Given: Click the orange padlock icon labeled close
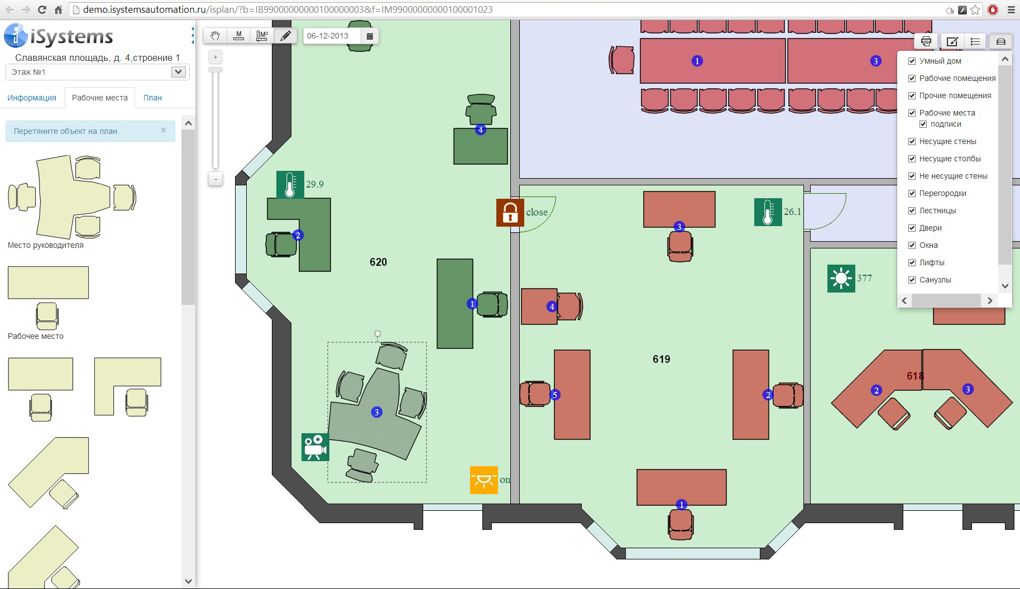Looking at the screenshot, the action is coord(510,213).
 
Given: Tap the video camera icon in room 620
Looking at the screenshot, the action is coord(315,447).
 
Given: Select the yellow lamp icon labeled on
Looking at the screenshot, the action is coord(483,480).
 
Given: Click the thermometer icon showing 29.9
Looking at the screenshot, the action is coord(290,185).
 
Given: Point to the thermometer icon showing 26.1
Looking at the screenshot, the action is coord(768,212).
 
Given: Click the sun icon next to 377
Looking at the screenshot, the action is coord(841,279).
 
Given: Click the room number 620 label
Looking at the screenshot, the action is coord(378,262).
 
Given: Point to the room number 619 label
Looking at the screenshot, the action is coord(661,360).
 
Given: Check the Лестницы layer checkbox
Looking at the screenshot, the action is coord(912,210).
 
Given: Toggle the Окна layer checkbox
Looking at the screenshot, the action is coord(912,245).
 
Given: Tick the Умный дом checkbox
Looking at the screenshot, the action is coord(912,61).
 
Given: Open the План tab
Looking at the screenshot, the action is coord(152,98).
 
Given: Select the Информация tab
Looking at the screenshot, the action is coord(32,98).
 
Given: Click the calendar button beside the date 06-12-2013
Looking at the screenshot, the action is coord(370,36).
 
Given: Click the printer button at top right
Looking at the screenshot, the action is coord(926,41).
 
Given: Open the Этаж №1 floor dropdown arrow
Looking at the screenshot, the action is coord(178,72).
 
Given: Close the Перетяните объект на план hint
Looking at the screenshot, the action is coord(164,130).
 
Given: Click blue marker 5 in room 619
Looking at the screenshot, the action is coord(554,395).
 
